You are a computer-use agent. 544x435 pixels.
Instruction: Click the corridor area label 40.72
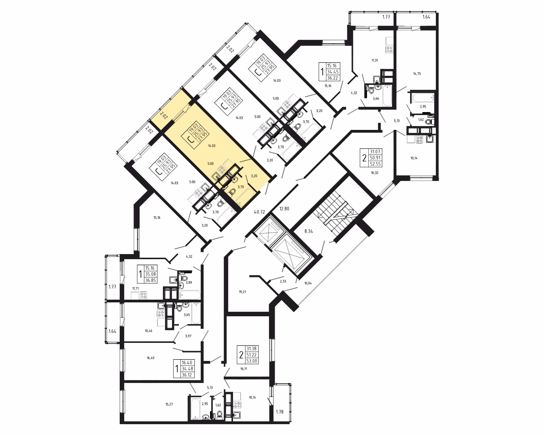(x=260, y=212)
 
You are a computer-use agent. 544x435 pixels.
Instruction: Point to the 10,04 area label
(x=308, y=283)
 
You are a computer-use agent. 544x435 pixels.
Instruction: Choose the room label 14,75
(x=417, y=73)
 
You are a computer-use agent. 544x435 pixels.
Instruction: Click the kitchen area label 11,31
(x=374, y=60)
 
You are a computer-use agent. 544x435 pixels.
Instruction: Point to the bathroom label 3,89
(x=189, y=282)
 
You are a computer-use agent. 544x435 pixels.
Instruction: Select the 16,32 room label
(x=375, y=173)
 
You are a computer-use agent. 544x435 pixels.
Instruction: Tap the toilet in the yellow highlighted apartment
(x=232, y=191)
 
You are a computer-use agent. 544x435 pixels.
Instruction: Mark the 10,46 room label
(x=148, y=331)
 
